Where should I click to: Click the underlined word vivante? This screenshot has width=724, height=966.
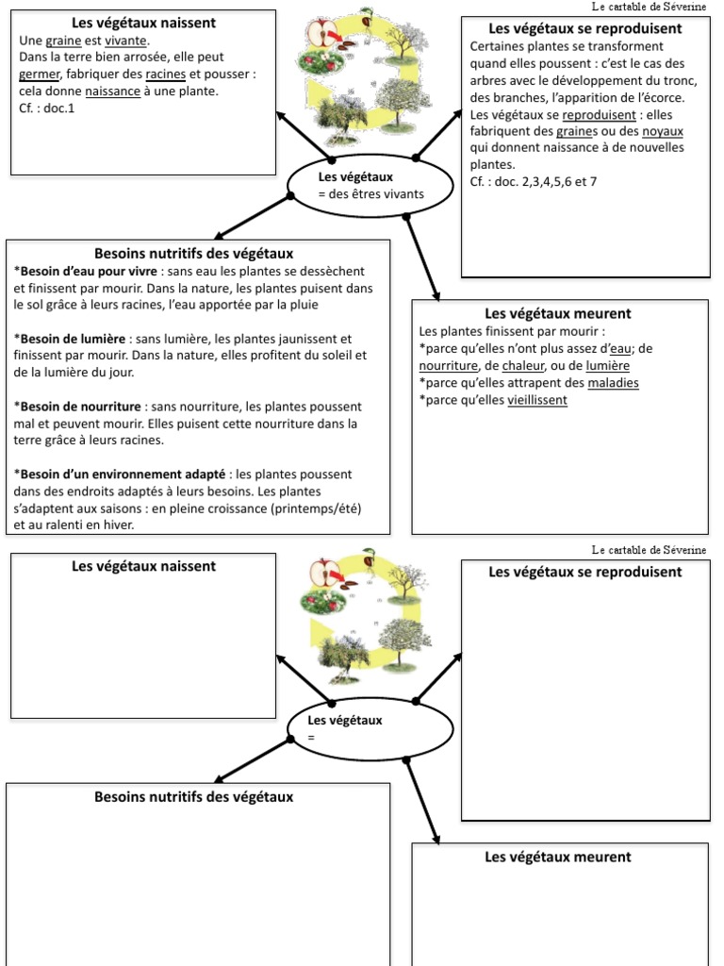click(x=126, y=42)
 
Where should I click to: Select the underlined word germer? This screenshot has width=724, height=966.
click(x=40, y=75)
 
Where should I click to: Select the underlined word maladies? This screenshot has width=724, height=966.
click(x=613, y=383)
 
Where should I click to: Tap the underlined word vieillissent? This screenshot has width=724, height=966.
click(x=537, y=400)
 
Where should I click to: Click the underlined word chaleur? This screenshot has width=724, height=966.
click(x=524, y=366)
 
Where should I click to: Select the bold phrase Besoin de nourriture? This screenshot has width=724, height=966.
click(x=77, y=407)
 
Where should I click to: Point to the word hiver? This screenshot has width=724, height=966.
click(x=116, y=525)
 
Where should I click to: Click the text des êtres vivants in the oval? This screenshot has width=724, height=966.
click(x=371, y=194)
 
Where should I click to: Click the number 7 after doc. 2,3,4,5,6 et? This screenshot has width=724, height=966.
click(x=593, y=182)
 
